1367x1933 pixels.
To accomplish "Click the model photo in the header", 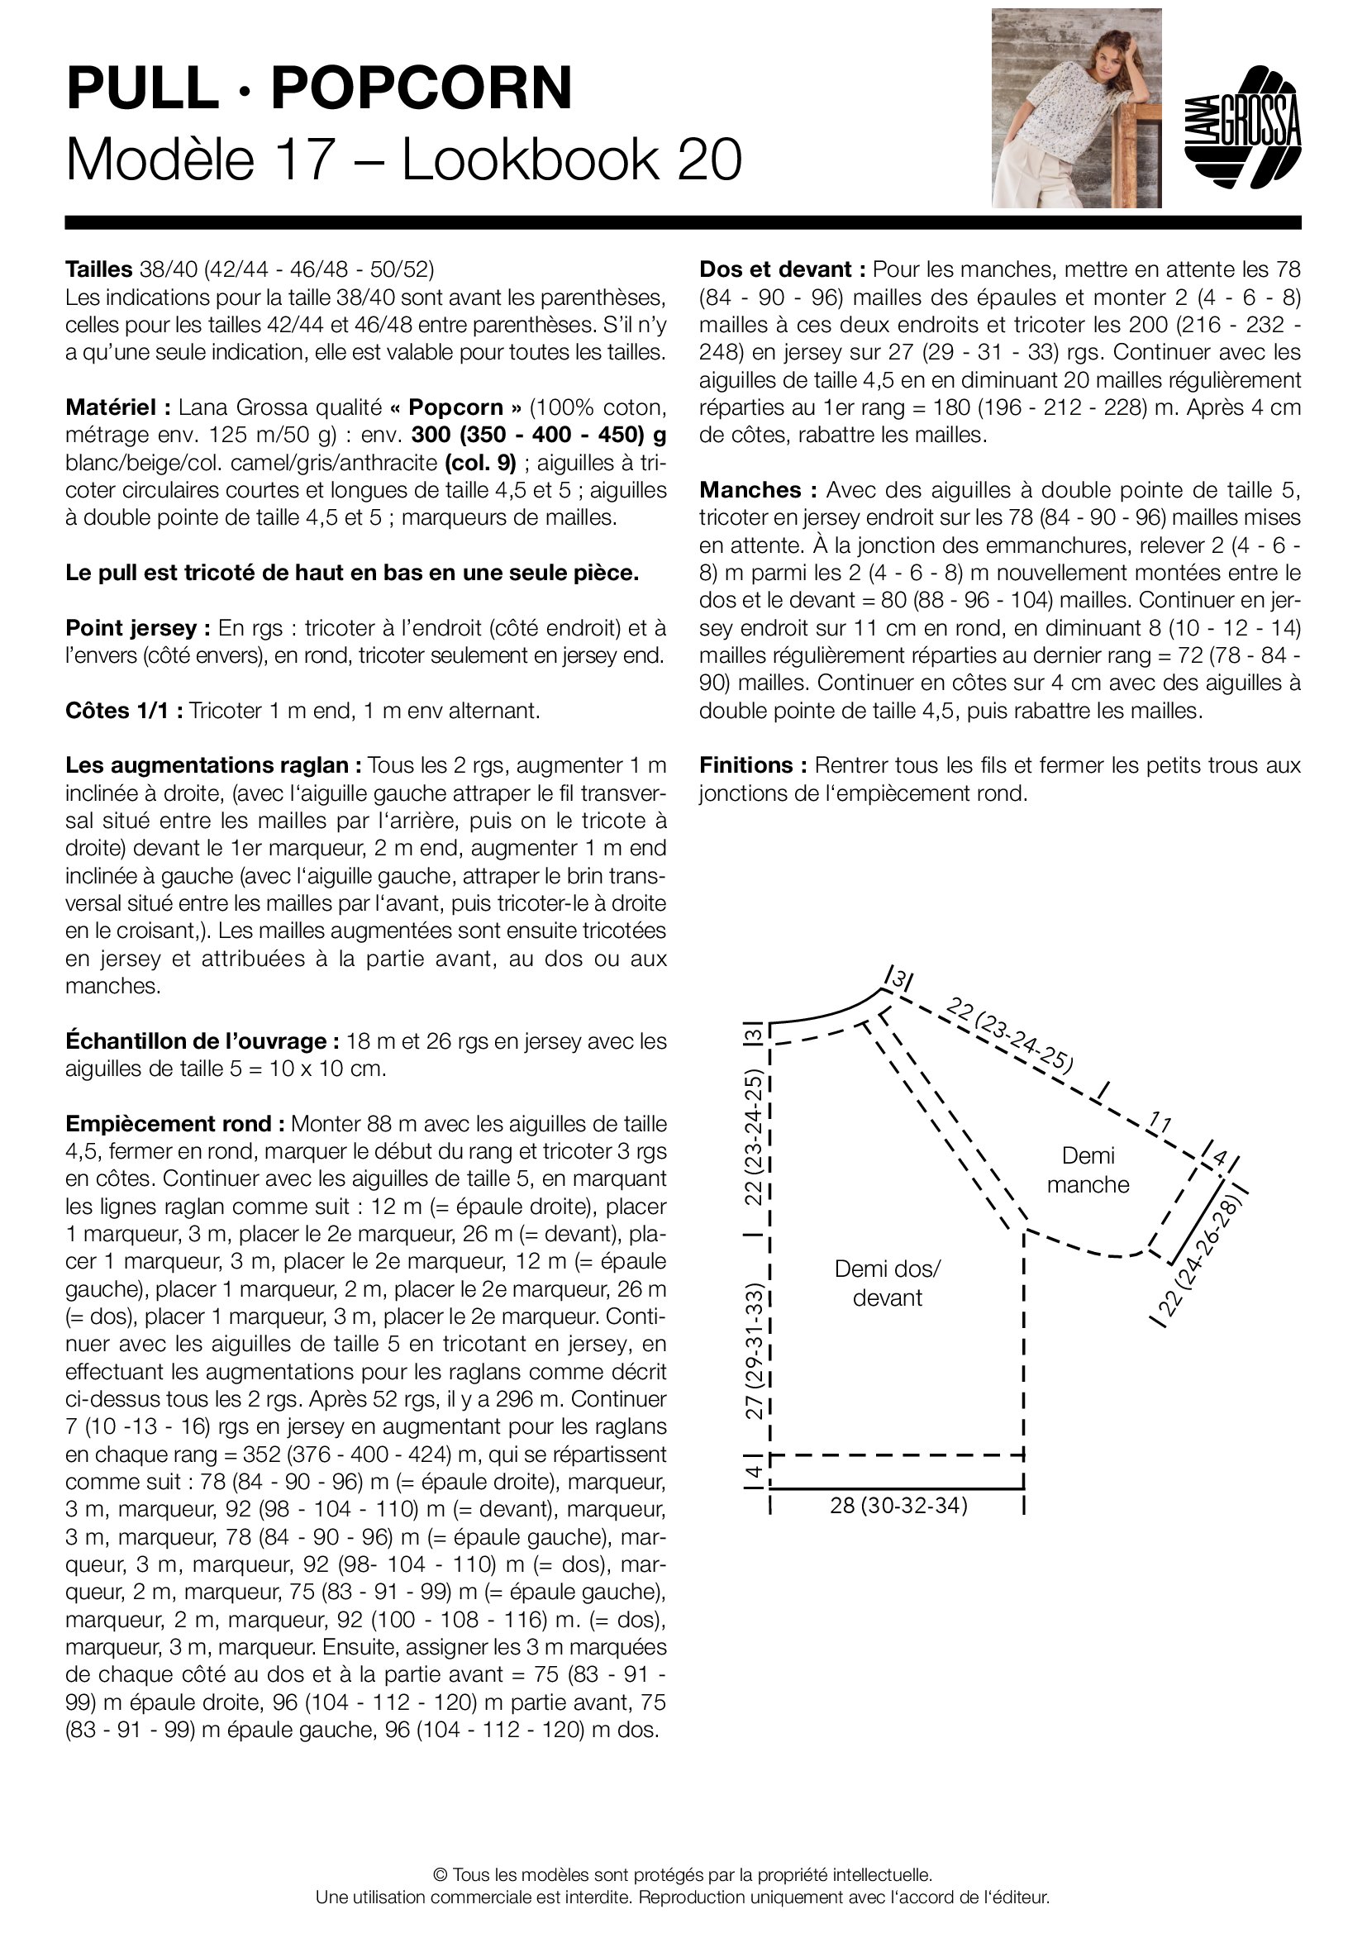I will click(x=1077, y=107).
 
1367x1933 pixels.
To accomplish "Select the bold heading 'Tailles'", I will click(x=98, y=269).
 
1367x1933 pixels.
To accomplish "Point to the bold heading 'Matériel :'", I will click(x=119, y=407).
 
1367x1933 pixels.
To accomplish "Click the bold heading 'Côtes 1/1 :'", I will click(x=124, y=711).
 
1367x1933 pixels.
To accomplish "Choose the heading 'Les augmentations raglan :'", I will click(x=214, y=765).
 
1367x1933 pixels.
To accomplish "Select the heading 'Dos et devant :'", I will click(x=782, y=269).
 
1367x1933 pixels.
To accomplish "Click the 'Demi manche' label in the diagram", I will click(x=1088, y=1170).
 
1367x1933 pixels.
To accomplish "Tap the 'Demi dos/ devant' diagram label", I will click(x=887, y=1283).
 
